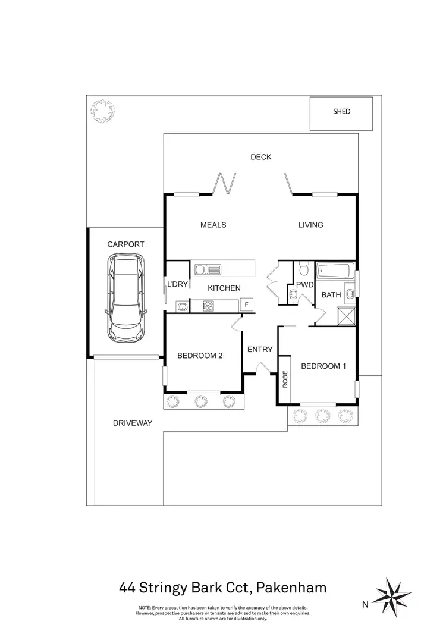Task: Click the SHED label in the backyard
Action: coord(341,111)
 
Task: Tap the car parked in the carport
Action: coord(125,299)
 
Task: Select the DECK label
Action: coord(260,157)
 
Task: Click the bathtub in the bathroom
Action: coord(335,272)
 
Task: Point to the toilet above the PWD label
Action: coord(303,271)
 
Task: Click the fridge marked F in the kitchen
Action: coord(246,304)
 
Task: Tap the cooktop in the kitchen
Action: coord(208,306)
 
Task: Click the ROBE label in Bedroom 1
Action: coord(285,379)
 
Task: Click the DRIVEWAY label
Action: coord(133,423)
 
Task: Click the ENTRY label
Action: coord(259,349)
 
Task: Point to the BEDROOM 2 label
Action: coord(200,356)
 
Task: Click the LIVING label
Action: coord(310,225)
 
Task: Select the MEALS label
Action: coord(213,225)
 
